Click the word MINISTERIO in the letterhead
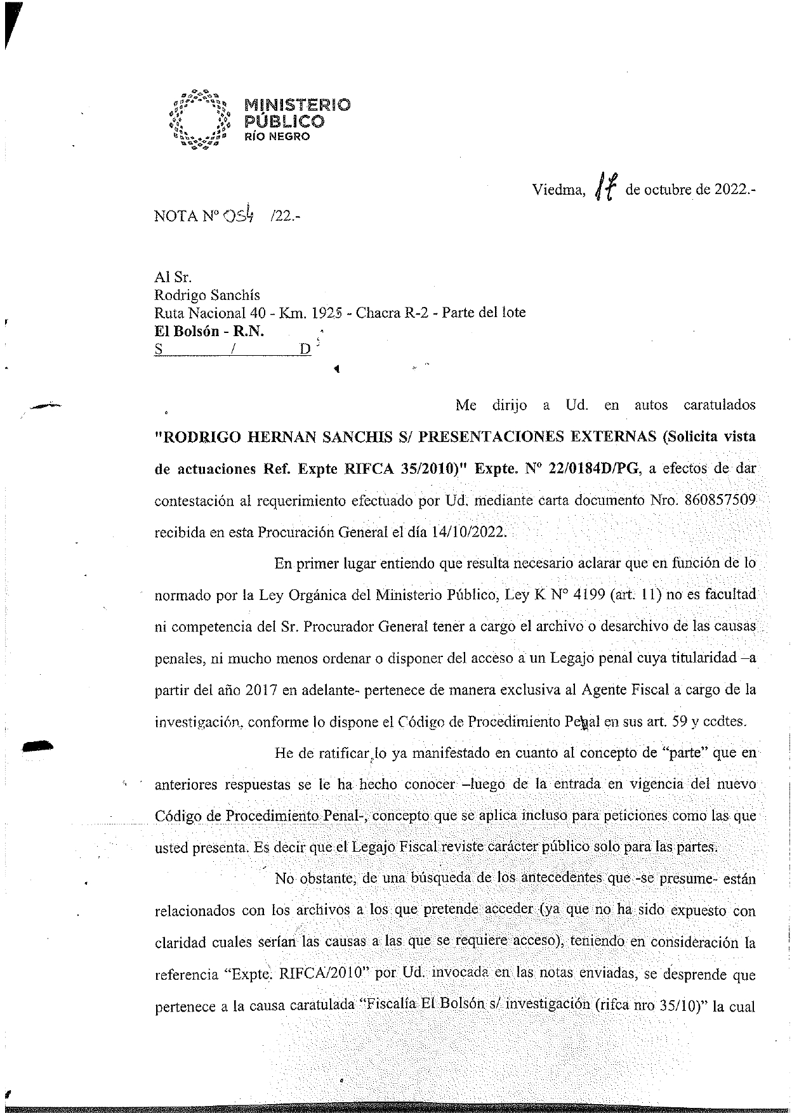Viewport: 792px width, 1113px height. tap(297, 105)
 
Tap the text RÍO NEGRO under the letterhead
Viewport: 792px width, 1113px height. tap(277, 137)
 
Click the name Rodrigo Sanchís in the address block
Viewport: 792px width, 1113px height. tap(207, 295)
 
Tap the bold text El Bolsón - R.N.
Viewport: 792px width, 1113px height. tap(209, 331)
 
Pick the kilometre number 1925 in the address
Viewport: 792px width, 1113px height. tap(328, 313)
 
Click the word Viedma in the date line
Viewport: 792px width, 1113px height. tap(558, 190)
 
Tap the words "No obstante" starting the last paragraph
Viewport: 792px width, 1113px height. tap(310, 879)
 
